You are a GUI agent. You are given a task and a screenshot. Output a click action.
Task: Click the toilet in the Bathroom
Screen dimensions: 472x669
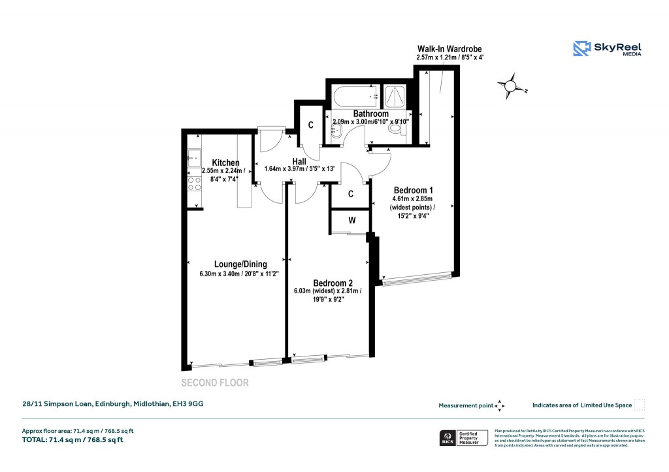tap(395, 129)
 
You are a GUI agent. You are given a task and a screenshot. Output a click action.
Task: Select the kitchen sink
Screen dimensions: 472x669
tap(194, 157)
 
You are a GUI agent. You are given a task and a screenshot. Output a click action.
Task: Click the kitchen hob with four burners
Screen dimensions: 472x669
tap(194, 184)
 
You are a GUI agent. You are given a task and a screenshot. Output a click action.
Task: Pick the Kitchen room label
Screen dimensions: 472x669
tap(225, 163)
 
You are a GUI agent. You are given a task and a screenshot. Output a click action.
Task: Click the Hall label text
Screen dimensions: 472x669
tap(299, 161)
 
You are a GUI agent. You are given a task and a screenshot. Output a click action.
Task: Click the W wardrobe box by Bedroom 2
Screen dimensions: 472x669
tap(351, 221)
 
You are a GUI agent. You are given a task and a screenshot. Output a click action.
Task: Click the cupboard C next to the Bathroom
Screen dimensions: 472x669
tap(310, 125)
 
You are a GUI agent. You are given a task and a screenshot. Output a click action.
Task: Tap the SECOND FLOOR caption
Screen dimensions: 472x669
tap(215, 383)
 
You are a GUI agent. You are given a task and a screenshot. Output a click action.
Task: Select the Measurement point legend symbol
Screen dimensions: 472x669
tap(500, 405)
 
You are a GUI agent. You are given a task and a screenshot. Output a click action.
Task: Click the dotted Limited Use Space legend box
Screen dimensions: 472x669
tap(640, 405)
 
